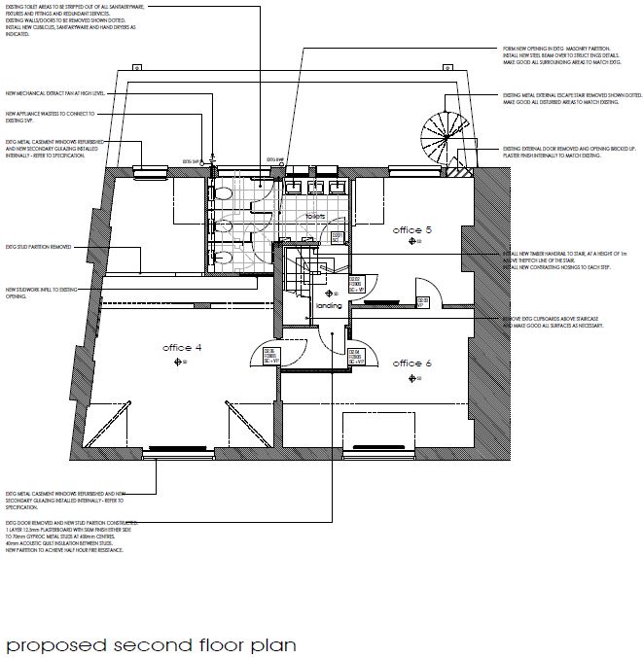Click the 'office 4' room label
[x=182, y=347]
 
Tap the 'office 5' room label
[x=411, y=230]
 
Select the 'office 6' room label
[x=411, y=363]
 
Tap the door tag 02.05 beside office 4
[x=271, y=355]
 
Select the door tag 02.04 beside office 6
[x=356, y=355]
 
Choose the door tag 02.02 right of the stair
[x=356, y=285]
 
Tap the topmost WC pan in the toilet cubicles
[x=226, y=192]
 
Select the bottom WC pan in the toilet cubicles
[x=226, y=257]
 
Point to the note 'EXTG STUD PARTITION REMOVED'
[x=39, y=247]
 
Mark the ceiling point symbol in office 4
[x=178, y=362]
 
